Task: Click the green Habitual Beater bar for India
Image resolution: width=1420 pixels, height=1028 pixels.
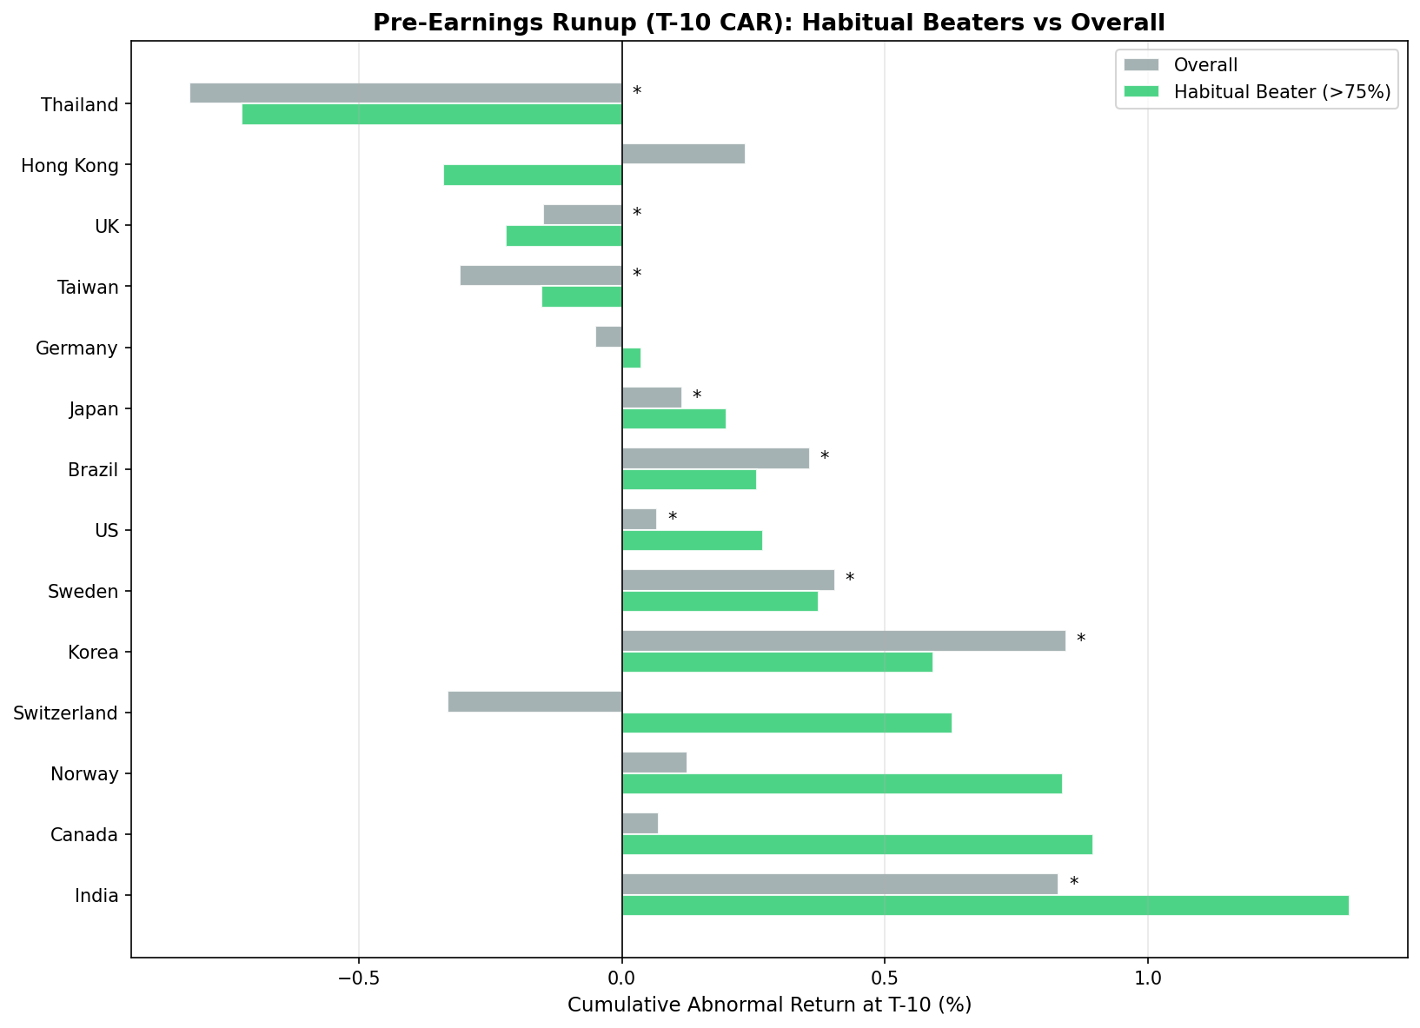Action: click(x=985, y=905)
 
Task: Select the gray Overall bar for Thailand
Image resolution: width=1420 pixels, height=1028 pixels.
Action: click(x=406, y=93)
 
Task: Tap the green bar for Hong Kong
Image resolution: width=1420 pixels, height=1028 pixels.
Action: click(x=533, y=175)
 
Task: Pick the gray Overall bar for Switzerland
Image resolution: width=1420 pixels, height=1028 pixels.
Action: click(x=534, y=701)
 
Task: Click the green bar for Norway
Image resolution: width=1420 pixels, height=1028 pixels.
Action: click(x=841, y=784)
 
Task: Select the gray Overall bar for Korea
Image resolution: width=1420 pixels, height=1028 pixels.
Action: click(x=843, y=640)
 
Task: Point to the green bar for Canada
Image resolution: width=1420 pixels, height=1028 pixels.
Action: click(x=857, y=845)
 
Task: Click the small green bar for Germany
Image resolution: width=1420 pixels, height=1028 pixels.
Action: click(x=631, y=357)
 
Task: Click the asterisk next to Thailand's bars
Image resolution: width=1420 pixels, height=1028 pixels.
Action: click(x=637, y=92)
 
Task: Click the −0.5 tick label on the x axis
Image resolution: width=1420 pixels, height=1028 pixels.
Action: click(x=358, y=978)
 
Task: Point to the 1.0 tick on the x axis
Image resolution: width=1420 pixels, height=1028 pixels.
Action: click(x=1148, y=978)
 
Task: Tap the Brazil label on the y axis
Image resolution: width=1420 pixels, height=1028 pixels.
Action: click(x=94, y=469)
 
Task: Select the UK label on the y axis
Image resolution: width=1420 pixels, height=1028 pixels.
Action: click(x=106, y=226)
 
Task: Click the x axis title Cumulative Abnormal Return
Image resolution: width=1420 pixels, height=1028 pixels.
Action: click(x=769, y=1005)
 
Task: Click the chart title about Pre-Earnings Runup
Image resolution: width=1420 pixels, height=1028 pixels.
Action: click(x=769, y=23)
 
